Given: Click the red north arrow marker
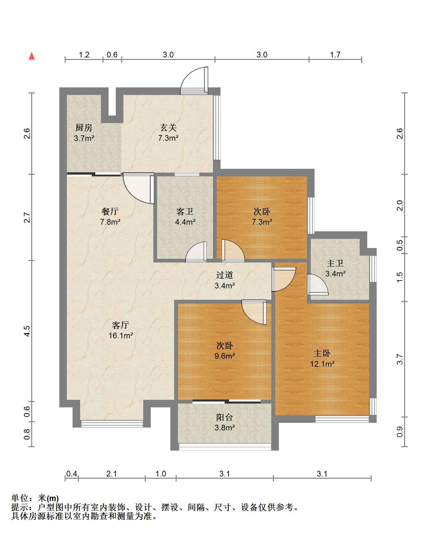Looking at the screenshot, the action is (32, 56).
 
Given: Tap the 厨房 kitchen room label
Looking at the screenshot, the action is (84, 128).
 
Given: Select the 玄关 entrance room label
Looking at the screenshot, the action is (168, 128).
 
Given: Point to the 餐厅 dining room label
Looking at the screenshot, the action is (110, 211).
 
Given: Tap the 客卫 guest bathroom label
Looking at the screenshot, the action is (185, 211).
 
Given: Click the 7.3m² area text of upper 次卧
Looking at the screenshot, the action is (262, 222).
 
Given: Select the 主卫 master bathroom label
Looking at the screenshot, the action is (335, 263).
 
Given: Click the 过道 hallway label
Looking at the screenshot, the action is (225, 275).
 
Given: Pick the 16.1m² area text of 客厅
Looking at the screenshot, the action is (121, 335).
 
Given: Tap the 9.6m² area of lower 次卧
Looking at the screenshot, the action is (225, 356).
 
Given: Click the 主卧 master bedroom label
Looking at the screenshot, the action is (322, 353).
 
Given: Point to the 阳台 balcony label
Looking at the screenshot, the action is (225, 417).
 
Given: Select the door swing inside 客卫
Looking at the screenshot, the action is (196, 252).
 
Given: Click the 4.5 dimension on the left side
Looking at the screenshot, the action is (27, 331).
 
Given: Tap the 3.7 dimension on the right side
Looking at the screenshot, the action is (400, 359).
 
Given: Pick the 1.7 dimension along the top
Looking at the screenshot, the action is (335, 55).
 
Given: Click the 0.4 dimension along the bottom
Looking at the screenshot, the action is (72, 474).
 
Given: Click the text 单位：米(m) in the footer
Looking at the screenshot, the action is (35, 499).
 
